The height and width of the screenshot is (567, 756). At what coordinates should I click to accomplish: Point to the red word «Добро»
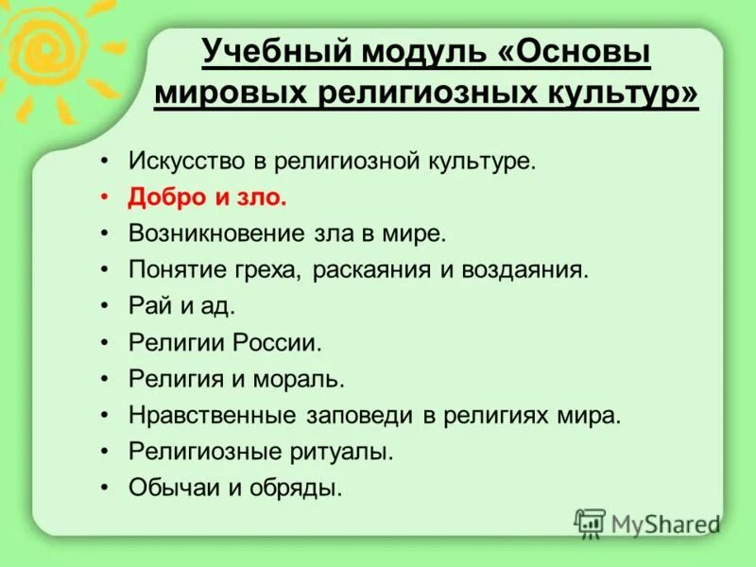pos(163,198)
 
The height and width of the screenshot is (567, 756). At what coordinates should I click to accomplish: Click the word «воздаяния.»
pos(525,269)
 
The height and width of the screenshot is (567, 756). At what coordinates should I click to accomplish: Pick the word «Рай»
pos(148,306)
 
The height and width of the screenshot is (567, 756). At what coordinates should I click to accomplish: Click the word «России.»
pos(284,342)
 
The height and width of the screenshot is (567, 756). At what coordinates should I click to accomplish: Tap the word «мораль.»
pos(303,379)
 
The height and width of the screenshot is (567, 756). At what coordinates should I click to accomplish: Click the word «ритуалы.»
pos(349,452)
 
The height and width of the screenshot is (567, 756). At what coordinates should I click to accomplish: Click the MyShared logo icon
pos(591,524)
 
